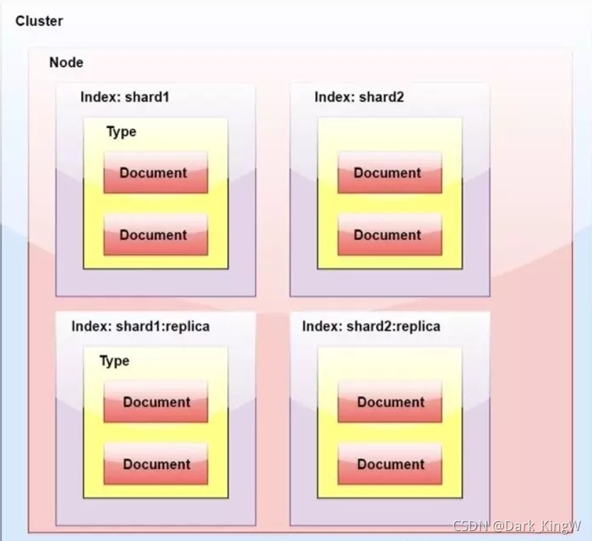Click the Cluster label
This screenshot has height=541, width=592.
[39, 21]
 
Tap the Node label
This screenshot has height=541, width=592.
[67, 63]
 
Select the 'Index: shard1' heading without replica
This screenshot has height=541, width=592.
[125, 97]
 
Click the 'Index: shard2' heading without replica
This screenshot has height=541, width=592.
[359, 97]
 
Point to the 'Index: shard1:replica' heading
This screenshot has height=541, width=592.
[141, 326]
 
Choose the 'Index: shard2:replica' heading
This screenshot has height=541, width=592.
[371, 326]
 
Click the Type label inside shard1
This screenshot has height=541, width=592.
[122, 132]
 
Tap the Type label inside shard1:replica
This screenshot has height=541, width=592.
[114, 361]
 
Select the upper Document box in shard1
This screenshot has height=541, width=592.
[156, 173]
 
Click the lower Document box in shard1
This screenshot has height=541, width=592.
[156, 235]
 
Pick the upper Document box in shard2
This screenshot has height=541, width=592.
[389, 173]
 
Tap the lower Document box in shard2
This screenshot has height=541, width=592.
[389, 235]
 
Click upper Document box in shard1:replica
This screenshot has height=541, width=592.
[156, 402]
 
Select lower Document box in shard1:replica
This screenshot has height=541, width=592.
[156, 464]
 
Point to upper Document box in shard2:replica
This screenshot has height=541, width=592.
[389, 402]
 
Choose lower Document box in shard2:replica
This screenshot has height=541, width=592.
[389, 464]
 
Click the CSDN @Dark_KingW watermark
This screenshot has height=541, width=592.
[517, 526]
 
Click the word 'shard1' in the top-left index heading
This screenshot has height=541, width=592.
[147, 97]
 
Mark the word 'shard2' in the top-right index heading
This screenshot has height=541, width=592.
[382, 97]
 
